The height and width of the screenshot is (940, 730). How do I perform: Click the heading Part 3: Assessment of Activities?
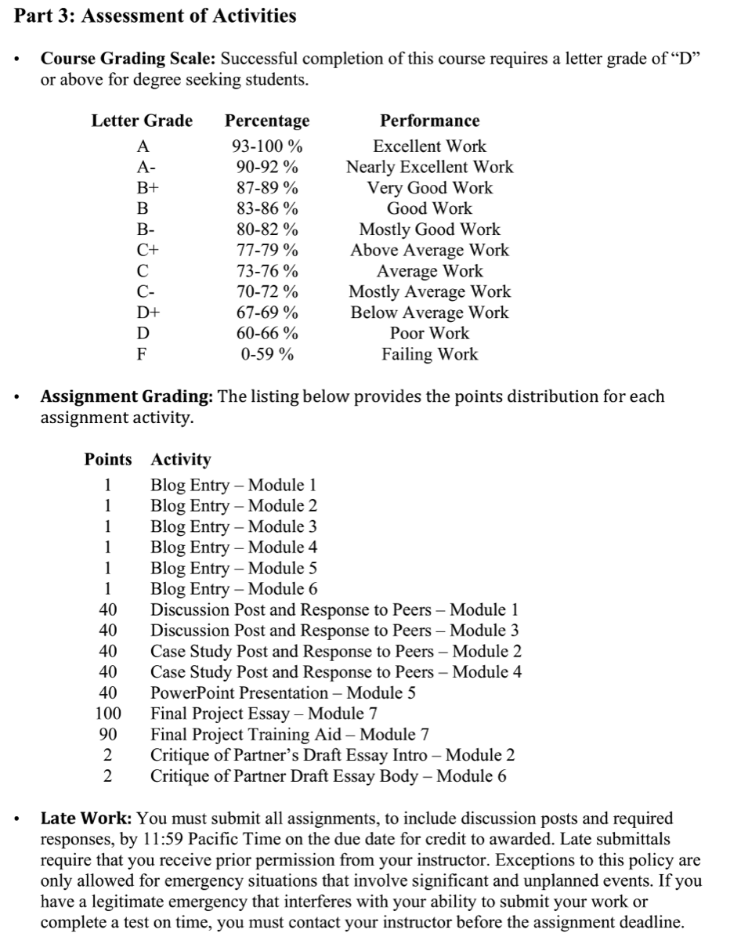coord(155,16)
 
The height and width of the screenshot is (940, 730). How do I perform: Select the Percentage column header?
coord(267,121)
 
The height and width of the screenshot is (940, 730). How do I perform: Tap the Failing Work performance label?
coord(429,354)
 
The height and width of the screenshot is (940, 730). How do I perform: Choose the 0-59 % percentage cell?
coord(267,354)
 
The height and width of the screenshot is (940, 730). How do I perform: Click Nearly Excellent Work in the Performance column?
coord(429,167)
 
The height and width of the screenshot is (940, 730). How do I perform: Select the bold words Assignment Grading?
coord(127,396)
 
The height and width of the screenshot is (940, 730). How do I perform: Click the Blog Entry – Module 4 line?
coord(233,548)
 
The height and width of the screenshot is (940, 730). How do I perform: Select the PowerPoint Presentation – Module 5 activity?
coord(283,693)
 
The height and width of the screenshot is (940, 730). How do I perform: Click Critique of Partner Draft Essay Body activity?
coord(328,776)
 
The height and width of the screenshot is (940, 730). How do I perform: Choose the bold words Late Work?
coord(86,819)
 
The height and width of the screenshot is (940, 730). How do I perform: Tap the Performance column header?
coord(429,121)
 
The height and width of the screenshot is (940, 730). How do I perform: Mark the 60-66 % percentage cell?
coord(267,334)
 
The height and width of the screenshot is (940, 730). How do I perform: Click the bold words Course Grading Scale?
coord(130,59)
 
